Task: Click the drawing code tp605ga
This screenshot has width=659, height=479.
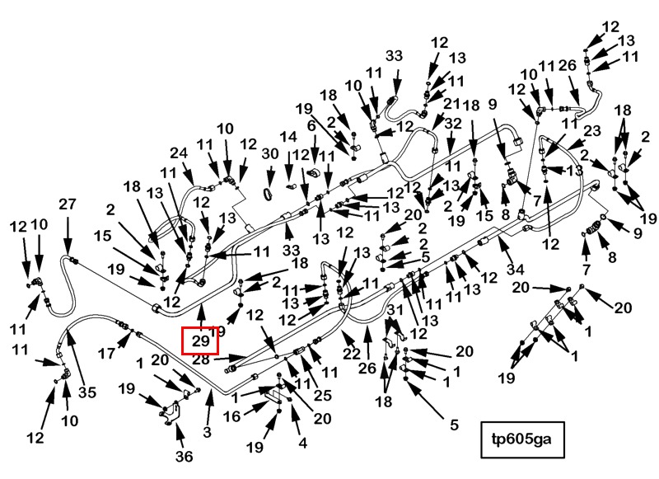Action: coord(521,439)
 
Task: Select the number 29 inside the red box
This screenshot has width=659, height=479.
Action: coord(200,340)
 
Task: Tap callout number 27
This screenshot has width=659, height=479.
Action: coord(68,204)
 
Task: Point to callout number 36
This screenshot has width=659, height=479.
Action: coord(184,456)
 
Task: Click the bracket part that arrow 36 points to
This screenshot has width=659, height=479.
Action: coord(170,413)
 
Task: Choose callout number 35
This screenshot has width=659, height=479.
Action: coord(87,392)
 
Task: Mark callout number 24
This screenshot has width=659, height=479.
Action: coord(179,153)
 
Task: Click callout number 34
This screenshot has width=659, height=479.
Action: coord(516,269)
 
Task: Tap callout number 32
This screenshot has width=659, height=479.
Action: coord(453,124)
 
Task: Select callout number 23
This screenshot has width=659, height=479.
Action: coord(591,130)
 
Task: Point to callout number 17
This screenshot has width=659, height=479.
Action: coord(106,353)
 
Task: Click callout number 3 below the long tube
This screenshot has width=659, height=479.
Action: coord(207,431)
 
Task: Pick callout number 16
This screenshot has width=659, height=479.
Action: coord(231,416)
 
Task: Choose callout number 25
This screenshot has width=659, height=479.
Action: coord(323,395)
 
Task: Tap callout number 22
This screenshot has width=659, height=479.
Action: coord(352,353)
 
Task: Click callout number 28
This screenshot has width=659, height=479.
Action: coord(200,359)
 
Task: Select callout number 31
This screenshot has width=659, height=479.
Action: coord(395,310)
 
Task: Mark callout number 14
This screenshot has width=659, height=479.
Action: coord(288,137)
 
